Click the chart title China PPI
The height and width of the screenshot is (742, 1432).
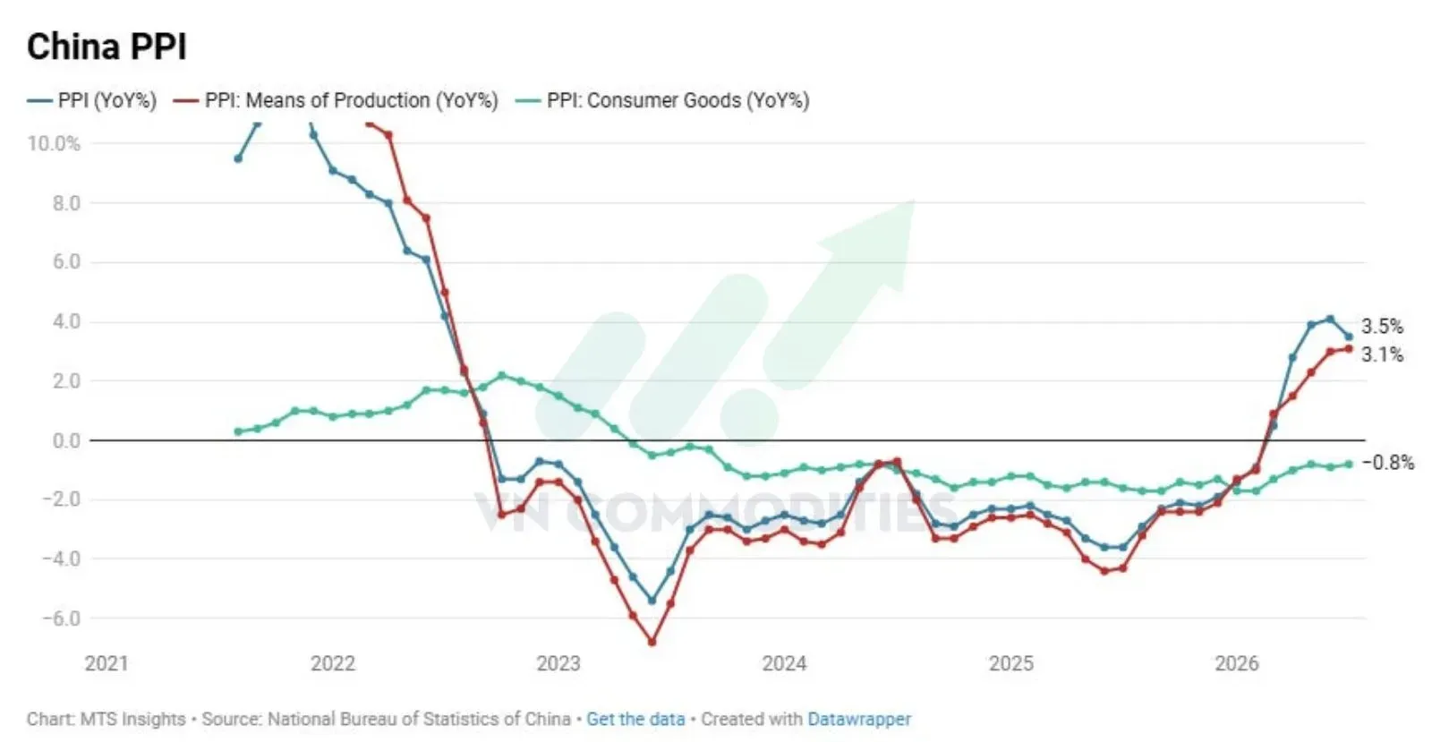[x=107, y=47]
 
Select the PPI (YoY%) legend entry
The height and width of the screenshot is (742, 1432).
[x=92, y=100]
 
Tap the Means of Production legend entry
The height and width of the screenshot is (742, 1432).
[x=336, y=100]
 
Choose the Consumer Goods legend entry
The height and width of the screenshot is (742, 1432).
[x=663, y=100]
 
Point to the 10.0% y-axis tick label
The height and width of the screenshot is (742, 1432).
[x=54, y=143]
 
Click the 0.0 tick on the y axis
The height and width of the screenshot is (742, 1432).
[x=66, y=440]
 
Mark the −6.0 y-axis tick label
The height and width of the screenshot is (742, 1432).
[x=62, y=618]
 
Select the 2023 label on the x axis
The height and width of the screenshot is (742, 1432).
[x=558, y=663]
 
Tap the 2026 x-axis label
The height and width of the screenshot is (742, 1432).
[x=1236, y=663]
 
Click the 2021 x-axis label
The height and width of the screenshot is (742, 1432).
[x=107, y=663]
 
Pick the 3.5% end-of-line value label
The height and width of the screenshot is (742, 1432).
[x=1382, y=327]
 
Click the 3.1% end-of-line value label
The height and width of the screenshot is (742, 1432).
[x=1382, y=354]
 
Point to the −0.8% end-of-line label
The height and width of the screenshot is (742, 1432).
[x=1388, y=462]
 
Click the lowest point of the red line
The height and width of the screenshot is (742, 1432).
[x=652, y=642]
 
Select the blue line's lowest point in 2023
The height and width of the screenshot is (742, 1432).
[x=652, y=601]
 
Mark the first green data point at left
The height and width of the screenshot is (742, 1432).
[x=238, y=432]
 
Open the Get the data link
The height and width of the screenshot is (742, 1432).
[x=635, y=719]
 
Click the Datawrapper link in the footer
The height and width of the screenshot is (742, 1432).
[x=859, y=719]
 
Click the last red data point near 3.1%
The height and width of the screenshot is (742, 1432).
[x=1349, y=349]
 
